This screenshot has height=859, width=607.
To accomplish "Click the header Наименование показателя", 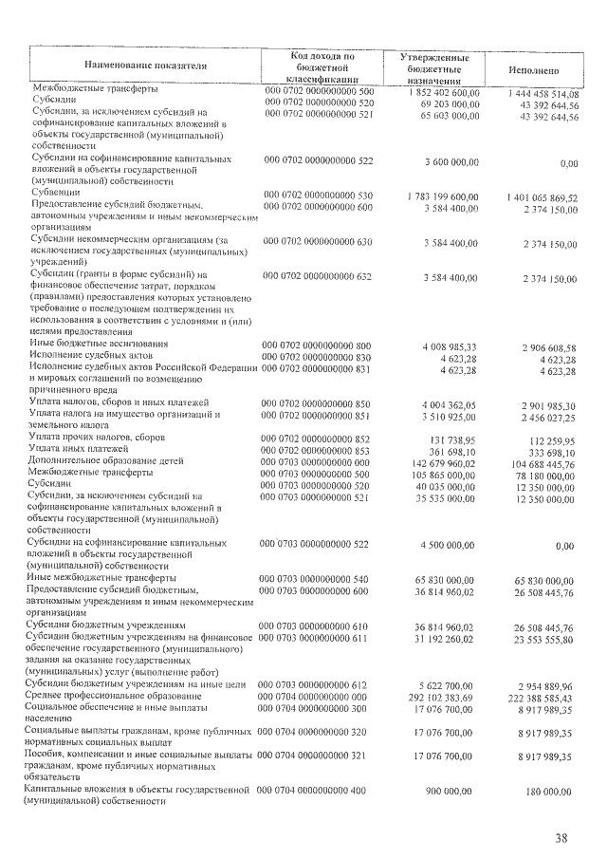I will click(x=145, y=65).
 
